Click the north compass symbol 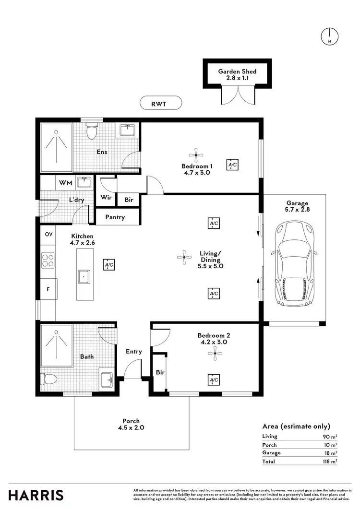(x=329, y=36)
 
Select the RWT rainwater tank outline (x=160, y=103)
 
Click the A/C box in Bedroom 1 (x=232, y=165)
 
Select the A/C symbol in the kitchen (x=109, y=264)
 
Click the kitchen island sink (x=84, y=277)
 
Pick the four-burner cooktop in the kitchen (x=48, y=260)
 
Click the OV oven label (x=48, y=235)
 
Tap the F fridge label (x=48, y=290)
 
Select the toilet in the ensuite (x=91, y=130)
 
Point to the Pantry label (x=115, y=217)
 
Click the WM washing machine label (x=65, y=183)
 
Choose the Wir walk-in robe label (x=106, y=197)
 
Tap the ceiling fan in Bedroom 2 (x=215, y=355)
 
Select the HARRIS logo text (x=36, y=495)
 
